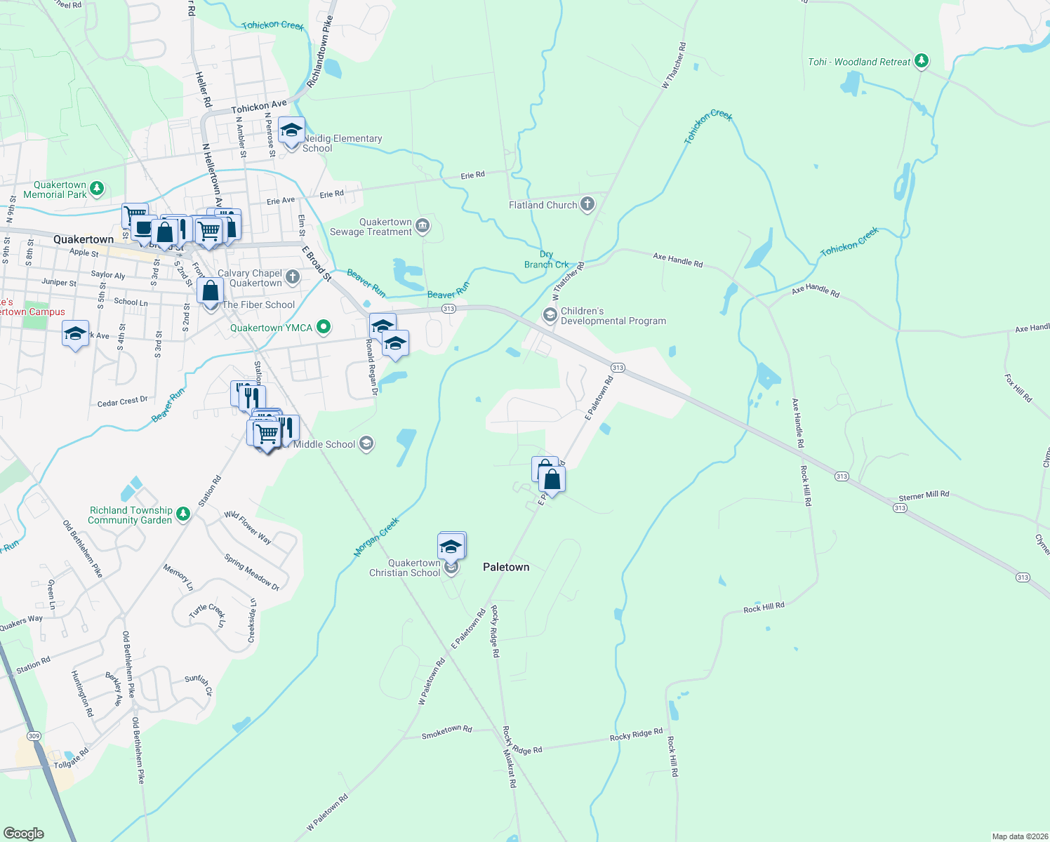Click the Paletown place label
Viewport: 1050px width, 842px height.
coord(506,567)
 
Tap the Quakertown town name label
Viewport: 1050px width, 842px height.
coord(84,239)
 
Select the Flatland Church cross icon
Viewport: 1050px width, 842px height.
coord(587,205)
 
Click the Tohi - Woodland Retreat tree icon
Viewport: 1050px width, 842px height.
coord(922,62)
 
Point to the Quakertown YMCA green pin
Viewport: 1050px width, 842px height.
coord(324,327)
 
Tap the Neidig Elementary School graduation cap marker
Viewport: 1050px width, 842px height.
coord(291,131)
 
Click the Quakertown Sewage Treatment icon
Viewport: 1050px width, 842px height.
coord(423,225)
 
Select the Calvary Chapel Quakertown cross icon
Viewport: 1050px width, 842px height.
coord(293,278)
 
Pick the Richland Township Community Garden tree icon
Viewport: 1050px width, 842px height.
coord(183,514)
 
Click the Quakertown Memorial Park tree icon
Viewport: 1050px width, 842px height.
coord(98,189)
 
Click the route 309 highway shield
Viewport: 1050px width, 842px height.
coord(34,736)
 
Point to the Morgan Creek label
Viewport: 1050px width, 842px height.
coord(376,537)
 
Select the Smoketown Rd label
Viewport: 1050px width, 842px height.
coord(446,733)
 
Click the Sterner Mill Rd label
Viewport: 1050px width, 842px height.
coord(924,495)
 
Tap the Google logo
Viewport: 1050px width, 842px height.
coord(24,833)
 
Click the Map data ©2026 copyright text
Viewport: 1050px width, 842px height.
coord(1019,836)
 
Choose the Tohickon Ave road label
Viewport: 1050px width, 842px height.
coord(259,107)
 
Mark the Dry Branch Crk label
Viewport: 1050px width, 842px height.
coord(546,260)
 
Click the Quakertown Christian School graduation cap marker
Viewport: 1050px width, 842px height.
coord(451,547)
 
